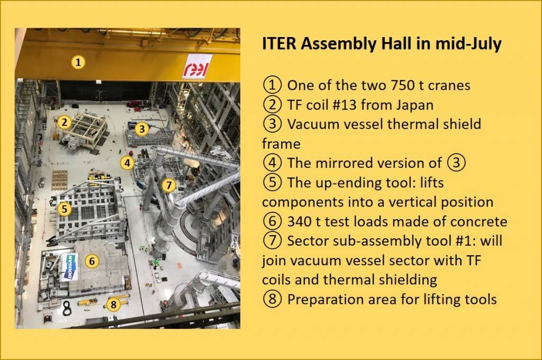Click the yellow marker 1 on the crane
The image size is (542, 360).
(x=78, y=62)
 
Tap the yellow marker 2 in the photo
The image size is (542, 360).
(x=64, y=122)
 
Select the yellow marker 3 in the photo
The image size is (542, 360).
(x=142, y=129)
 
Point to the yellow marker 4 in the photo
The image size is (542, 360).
(x=128, y=163)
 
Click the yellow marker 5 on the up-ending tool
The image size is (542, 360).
(x=64, y=209)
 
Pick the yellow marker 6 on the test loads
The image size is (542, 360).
(x=92, y=261)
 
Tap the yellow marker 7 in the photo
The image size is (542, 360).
(x=169, y=185)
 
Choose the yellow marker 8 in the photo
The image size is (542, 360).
(x=113, y=304)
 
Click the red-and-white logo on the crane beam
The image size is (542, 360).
(x=197, y=67)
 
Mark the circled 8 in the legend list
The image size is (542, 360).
(x=273, y=299)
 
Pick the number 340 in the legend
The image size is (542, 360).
(x=300, y=222)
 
